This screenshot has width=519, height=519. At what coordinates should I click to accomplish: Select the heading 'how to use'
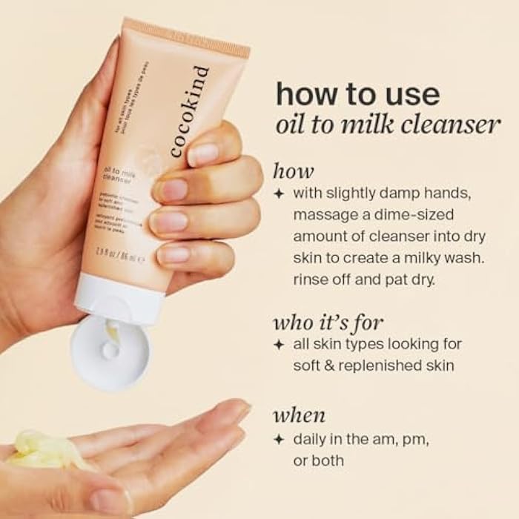(x=357, y=94)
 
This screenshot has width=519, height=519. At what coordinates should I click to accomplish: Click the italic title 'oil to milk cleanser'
(x=387, y=124)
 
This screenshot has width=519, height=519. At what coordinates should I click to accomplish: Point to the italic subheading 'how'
(x=293, y=171)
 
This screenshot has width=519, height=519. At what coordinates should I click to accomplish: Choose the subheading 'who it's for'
(x=328, y=323)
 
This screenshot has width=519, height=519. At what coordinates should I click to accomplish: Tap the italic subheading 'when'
(x=299, y=415)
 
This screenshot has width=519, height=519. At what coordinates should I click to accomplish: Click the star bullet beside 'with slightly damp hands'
(x=279, y=194)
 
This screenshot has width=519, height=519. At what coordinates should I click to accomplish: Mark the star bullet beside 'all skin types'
(x=279, y=345)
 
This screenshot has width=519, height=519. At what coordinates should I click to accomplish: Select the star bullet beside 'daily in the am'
(x=279, y=439)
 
